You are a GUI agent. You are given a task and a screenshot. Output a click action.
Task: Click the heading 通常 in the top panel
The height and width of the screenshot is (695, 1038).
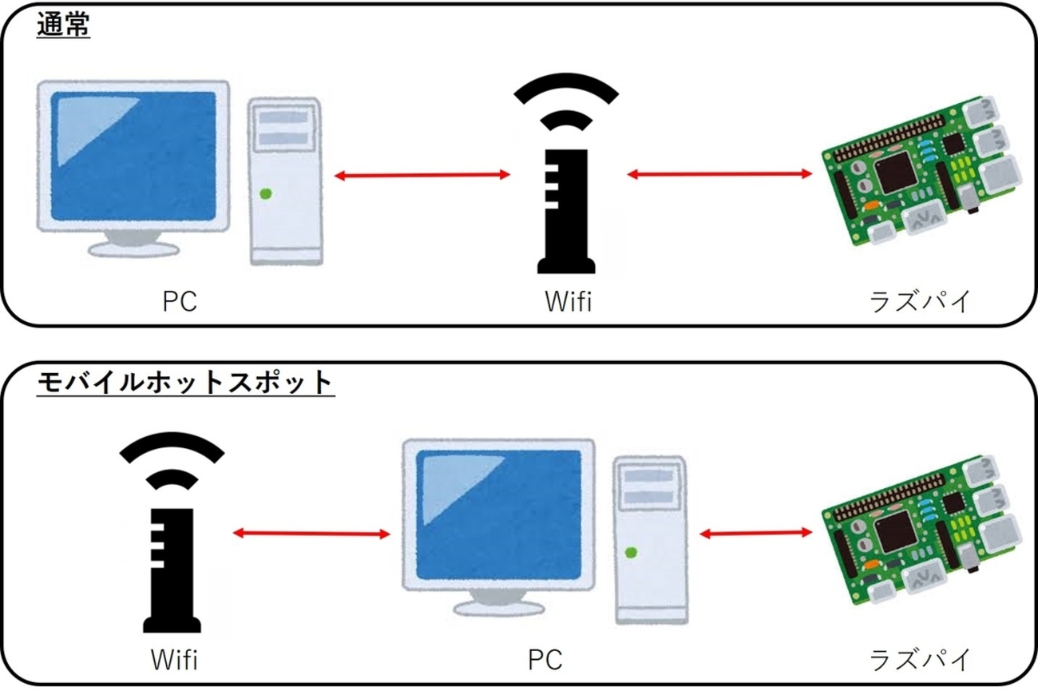63,26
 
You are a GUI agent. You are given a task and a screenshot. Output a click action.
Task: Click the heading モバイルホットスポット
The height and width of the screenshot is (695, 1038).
184,383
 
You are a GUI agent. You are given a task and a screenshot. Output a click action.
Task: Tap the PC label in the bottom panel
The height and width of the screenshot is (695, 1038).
545,660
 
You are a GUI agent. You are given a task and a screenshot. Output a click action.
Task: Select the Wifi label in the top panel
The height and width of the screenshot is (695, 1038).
568,302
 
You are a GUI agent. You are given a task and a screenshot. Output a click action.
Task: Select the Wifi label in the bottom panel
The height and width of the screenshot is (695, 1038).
174,660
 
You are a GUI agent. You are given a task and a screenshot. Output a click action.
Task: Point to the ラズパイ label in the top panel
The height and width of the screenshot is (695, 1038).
920,302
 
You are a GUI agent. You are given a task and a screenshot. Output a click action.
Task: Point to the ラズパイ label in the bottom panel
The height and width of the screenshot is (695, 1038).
920,660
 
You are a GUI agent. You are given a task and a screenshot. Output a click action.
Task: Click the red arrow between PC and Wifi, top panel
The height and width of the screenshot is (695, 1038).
422,174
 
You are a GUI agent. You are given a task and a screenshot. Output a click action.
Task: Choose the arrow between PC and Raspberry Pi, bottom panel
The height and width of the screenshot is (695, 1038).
755,533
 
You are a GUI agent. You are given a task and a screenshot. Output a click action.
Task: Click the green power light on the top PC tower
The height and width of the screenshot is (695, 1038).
265,193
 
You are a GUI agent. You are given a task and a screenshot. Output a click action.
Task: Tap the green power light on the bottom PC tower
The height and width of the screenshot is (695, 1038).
631,552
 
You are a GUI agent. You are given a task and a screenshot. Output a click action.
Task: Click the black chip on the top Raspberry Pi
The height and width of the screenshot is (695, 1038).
894,173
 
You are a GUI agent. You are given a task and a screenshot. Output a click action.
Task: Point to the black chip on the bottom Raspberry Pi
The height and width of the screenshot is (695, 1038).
894,530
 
